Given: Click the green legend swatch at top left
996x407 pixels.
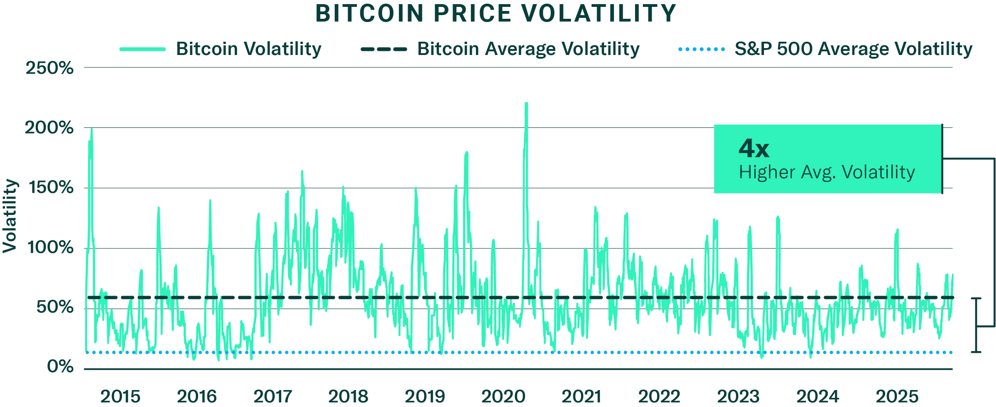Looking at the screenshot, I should coord(148,51).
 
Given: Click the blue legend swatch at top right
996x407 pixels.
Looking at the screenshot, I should coord(707,51).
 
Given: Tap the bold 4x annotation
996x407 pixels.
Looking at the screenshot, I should coord(754,148).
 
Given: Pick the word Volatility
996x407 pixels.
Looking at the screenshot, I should coord(878,172).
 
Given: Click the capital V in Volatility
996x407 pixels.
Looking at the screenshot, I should coord(847,172).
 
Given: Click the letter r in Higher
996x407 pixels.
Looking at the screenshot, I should coord(792,174).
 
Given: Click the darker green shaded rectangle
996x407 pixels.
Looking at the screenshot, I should coord(621,153).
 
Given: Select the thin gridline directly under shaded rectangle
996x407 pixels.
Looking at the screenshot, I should coord(621,188).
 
